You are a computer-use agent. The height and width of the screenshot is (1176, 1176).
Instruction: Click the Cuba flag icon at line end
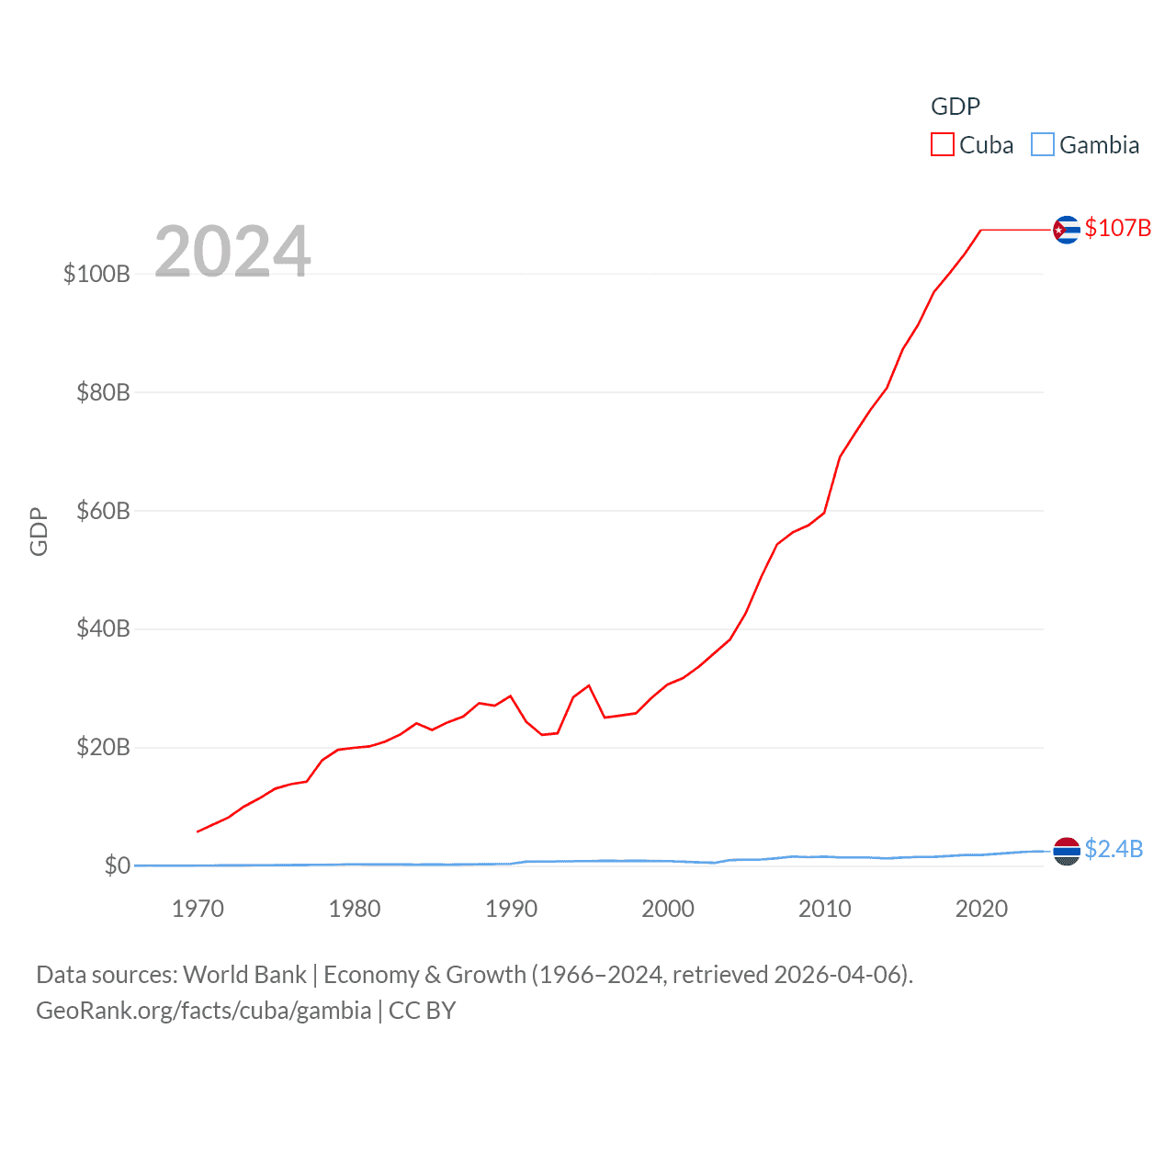point(1066,229)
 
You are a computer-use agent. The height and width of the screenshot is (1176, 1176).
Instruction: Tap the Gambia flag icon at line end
point(1066,851)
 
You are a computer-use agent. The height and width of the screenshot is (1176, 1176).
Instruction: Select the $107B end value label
point(1117,228)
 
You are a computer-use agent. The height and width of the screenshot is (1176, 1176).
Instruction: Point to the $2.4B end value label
point(1114,849)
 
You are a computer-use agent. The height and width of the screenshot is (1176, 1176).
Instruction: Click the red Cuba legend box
point(943,145)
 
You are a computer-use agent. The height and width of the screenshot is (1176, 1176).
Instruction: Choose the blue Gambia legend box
point(1043,145)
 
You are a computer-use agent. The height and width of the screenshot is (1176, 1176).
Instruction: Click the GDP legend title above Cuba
point(955,107)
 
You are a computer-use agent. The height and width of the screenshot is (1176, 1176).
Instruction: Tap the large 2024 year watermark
point(232,251)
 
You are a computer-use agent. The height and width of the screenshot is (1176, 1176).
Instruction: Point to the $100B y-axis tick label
point(96,274)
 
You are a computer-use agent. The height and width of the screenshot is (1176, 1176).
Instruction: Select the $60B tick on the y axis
point(103,511)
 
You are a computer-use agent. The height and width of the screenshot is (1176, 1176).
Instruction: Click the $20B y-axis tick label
point(103,747)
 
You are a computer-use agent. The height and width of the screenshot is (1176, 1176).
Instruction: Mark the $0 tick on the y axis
point(117,865)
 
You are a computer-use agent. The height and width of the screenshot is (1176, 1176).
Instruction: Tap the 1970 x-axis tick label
point(198,909)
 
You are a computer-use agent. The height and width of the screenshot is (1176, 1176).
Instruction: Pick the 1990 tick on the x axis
point(512,909)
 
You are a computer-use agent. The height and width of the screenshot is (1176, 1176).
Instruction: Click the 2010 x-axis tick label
point(825,909)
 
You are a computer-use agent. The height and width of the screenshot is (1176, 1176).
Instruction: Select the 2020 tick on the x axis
point(981,909)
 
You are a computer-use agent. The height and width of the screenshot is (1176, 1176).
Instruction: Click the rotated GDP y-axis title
point(39,531)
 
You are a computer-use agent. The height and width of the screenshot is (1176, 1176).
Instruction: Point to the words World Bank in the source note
point(244,975)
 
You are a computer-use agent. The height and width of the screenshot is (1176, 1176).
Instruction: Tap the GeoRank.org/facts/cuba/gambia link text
point(203,1011)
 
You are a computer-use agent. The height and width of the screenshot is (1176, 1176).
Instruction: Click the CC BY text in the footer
point(423,1011)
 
